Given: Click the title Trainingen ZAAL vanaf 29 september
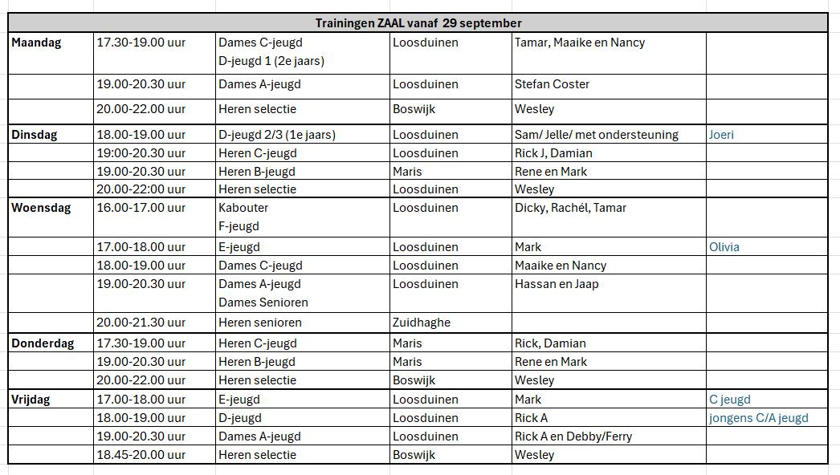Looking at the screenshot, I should point(418,23).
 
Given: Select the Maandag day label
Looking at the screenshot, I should point(35,43).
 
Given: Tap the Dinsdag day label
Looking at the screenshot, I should point(34,135).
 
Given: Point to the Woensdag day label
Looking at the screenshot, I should point(41,208).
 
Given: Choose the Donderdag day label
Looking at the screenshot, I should point(43,343).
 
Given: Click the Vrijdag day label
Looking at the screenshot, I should point(31,400).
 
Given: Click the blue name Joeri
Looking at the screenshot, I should point(721,135).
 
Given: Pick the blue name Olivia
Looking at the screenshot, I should point(724,247).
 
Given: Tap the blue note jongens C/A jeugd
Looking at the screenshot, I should point(758,418).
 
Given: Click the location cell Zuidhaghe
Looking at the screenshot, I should point(421,323).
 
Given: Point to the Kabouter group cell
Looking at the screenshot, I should point(243,208).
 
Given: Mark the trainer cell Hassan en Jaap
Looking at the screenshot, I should point(557,284).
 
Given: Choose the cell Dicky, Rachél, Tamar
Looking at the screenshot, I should point(570,208).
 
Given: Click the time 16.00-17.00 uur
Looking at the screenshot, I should point(141,208).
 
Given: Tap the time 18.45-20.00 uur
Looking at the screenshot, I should point(141,455).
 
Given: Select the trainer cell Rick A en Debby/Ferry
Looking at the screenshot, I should point(573,436).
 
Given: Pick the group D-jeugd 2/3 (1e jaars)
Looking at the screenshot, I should point(276,135).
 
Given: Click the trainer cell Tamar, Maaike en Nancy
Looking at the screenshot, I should point(579,43).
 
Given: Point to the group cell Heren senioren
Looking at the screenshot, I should point(259,323).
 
